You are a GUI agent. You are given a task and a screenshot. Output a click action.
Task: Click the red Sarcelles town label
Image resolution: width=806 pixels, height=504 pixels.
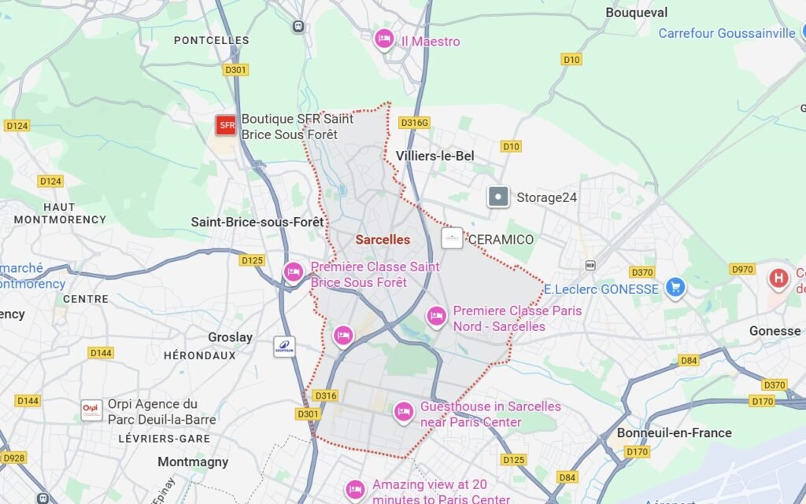(383, 239)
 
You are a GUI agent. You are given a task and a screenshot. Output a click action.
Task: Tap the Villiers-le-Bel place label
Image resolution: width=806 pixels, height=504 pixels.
(436, 156)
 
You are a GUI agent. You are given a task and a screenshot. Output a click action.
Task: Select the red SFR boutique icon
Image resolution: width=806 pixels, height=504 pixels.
(227, 125)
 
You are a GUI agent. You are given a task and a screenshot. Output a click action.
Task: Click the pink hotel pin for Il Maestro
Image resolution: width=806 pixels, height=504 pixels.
(383, 39)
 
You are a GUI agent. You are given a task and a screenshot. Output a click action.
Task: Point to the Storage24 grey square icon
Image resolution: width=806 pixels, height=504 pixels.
(498, 197)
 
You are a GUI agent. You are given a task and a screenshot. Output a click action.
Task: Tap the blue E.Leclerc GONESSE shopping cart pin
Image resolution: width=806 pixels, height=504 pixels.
(675, 287)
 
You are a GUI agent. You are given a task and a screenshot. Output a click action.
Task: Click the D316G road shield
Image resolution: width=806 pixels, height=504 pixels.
(414, 123)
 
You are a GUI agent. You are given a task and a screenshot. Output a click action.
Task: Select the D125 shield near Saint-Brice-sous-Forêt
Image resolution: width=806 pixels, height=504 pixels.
(253, 260)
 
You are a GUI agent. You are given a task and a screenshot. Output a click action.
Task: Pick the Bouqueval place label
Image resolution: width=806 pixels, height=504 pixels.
(636, 13)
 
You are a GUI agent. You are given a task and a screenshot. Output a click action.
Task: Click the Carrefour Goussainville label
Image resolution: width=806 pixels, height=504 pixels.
(727, 33)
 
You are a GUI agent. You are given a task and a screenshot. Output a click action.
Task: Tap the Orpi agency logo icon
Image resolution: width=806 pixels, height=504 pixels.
(91, 410)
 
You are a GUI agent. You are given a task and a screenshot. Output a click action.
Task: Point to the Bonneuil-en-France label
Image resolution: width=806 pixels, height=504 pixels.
(674, 432)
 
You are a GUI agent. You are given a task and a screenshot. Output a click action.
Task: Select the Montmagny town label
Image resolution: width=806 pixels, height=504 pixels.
(193, 462)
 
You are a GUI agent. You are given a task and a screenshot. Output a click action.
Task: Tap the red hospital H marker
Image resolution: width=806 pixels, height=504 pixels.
(778, 278)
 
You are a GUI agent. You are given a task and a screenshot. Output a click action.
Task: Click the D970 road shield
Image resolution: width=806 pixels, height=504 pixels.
(743, 269)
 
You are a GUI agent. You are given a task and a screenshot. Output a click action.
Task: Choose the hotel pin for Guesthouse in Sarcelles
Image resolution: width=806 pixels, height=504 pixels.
(404, 410)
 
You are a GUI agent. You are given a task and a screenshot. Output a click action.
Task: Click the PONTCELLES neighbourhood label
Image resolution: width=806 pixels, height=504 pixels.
(211, 40)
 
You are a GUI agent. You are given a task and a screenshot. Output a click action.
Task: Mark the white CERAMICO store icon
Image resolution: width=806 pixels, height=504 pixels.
(452, 238)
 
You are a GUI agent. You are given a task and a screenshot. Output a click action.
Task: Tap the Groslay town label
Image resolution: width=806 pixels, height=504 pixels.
(230, 337)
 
